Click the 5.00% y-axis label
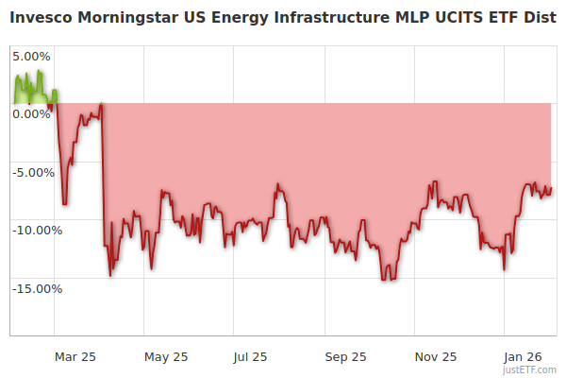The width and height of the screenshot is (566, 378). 31,56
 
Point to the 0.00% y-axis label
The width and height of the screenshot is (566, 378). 31,113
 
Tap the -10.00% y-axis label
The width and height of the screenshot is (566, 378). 36,230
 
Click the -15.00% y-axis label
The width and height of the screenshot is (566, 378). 36,288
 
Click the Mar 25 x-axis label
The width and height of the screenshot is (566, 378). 75,357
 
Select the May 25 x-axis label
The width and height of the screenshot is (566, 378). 166,357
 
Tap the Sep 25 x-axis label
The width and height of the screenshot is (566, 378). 345,357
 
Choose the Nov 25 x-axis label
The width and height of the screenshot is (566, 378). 436,357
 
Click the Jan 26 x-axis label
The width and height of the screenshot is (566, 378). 522,357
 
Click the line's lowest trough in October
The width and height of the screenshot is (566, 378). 384,280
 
